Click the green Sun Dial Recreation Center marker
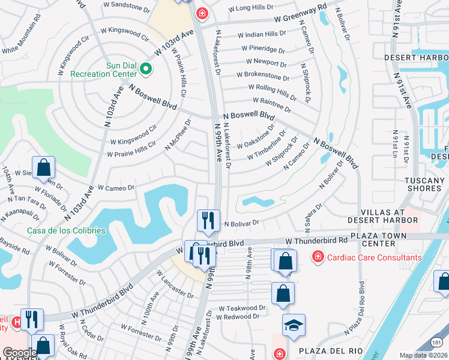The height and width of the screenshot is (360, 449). [x=145, y=70]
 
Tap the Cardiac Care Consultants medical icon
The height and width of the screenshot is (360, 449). [x=316, y=257]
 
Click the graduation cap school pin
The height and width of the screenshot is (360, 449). [x=294, y=325]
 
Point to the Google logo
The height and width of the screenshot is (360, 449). [x=19, y=353]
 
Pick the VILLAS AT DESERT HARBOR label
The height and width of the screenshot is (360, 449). [x=390, y=216]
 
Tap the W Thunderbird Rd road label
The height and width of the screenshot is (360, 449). [x=316, y=241]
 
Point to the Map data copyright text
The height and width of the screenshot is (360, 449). [x=424, y=355]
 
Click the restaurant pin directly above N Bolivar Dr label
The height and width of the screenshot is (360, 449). [x=208, y=220]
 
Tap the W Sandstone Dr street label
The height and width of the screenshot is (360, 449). [x=127, y=8]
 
